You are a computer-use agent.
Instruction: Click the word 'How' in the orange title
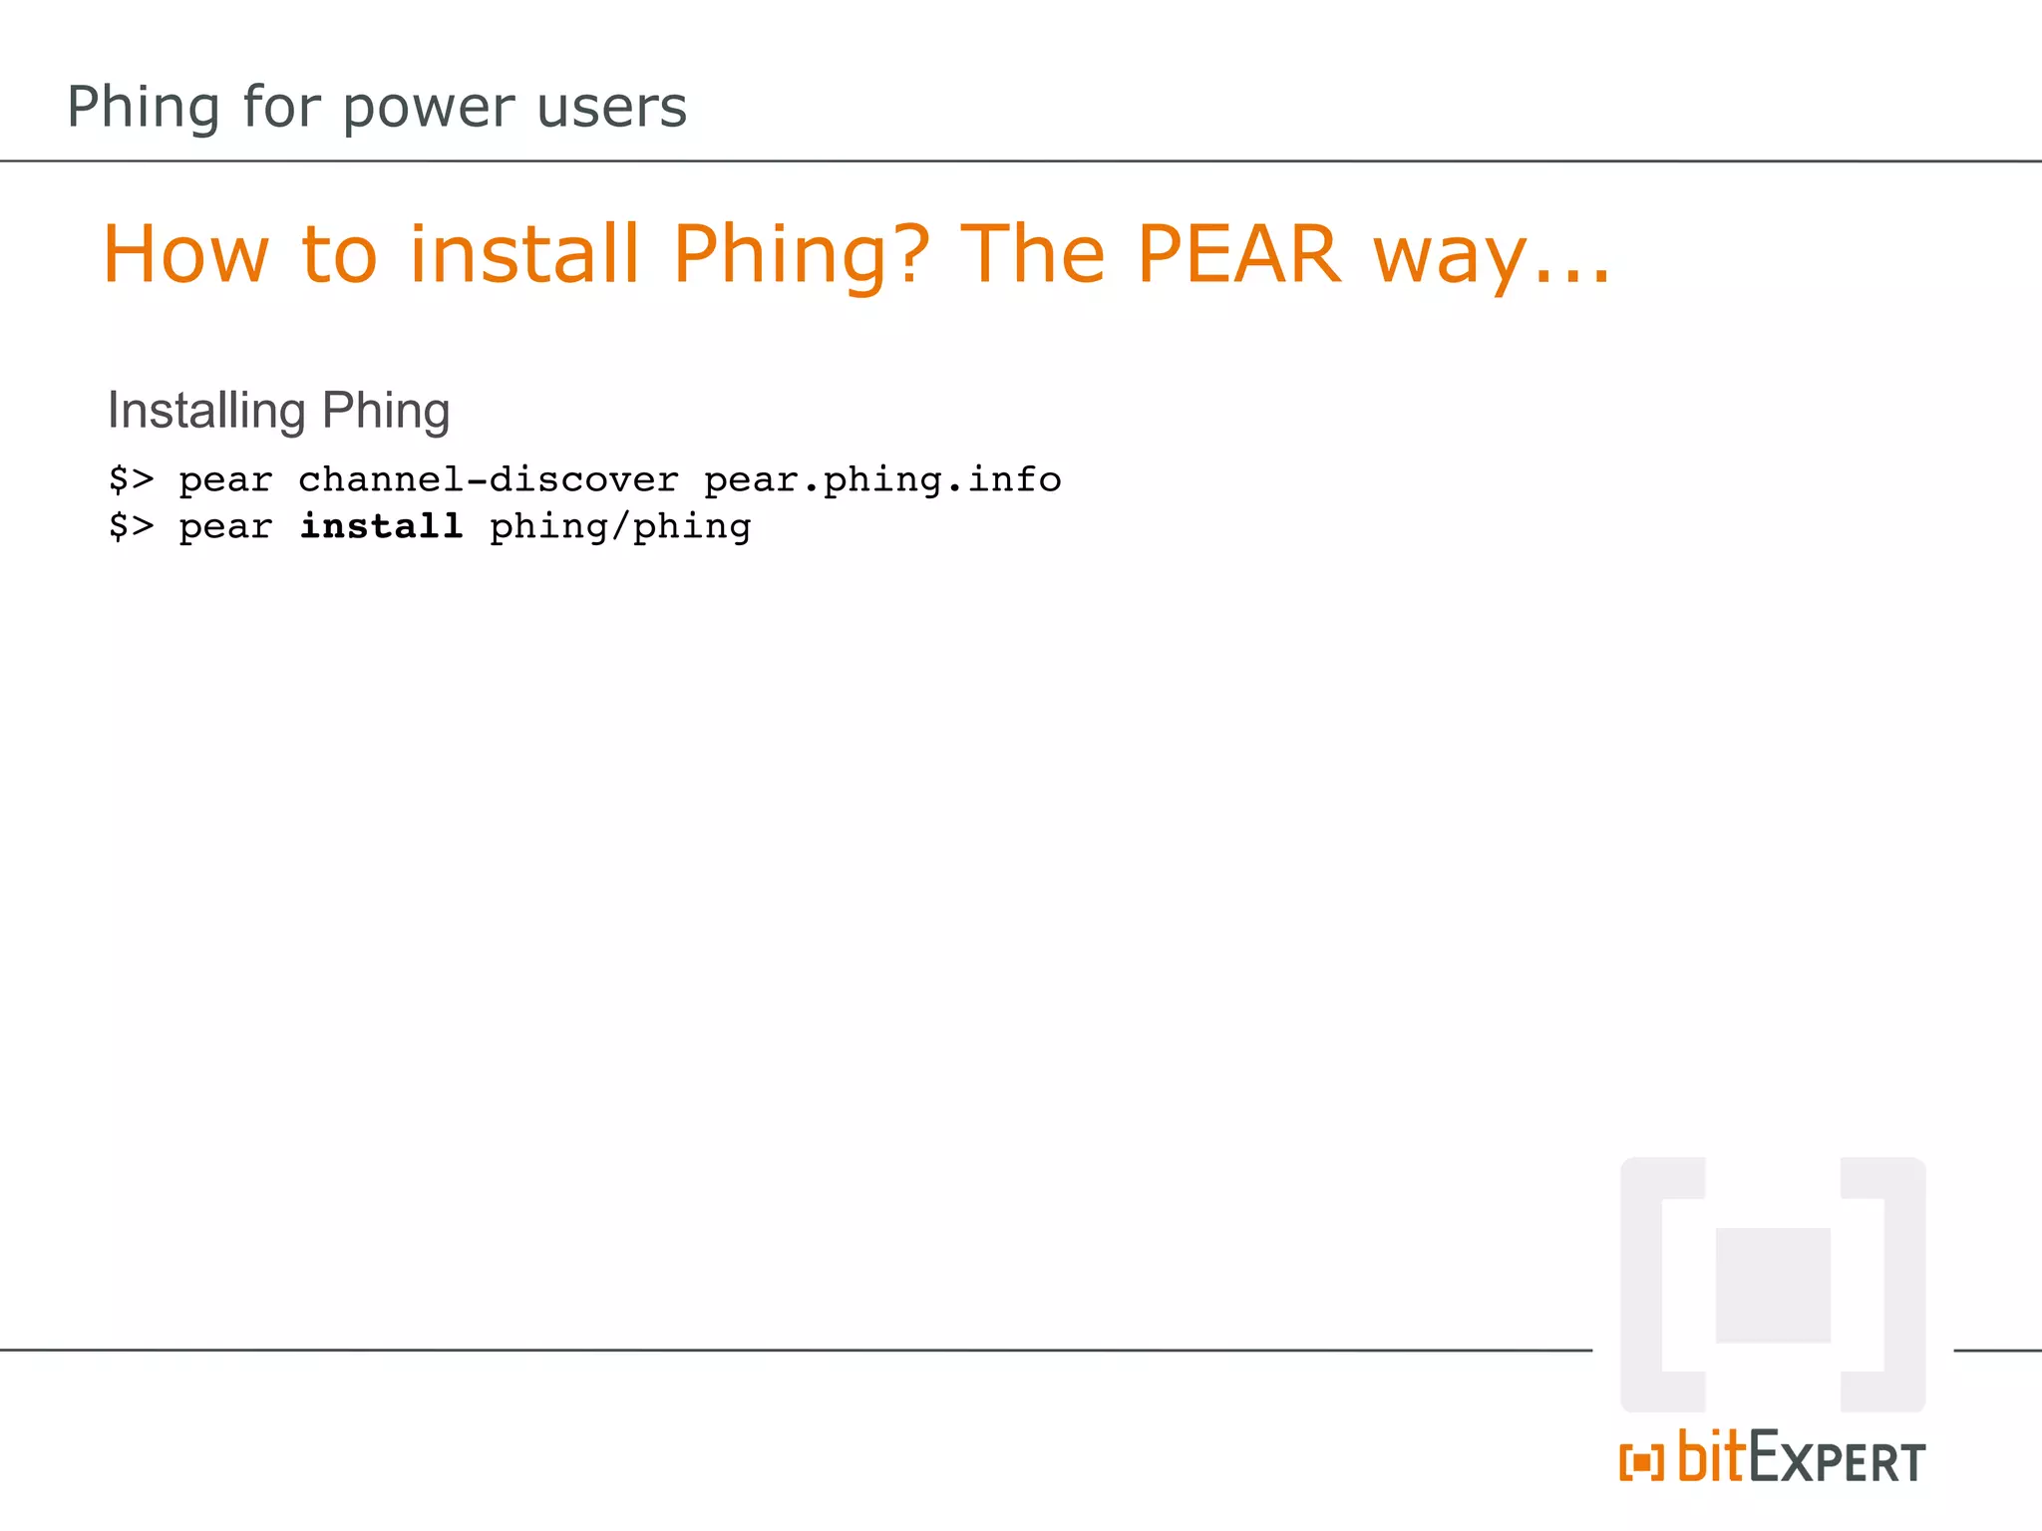click(186, 254)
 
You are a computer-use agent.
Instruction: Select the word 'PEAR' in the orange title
click(1238, 254)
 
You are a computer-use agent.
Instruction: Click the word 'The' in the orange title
click(1032, 254)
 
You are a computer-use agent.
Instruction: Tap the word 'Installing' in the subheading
click(206, 410)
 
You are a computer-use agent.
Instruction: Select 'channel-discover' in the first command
click(489, 479)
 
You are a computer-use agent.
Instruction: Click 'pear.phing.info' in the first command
click(882, 479)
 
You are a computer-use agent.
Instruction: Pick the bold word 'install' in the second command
click(381, 526)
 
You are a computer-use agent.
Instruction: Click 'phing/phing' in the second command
click(620, 527)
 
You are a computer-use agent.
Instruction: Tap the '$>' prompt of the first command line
click(132, 479)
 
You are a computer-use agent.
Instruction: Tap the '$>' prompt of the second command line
click(132, 526)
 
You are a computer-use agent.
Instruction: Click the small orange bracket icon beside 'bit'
click(1641, 1462)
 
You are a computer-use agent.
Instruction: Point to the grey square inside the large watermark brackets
click(1773, 1285)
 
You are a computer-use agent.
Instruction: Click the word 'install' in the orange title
click(523, 254)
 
